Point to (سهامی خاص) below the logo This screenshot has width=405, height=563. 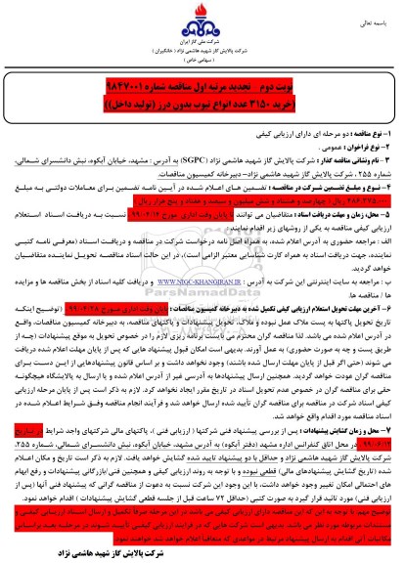[202, 72]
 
